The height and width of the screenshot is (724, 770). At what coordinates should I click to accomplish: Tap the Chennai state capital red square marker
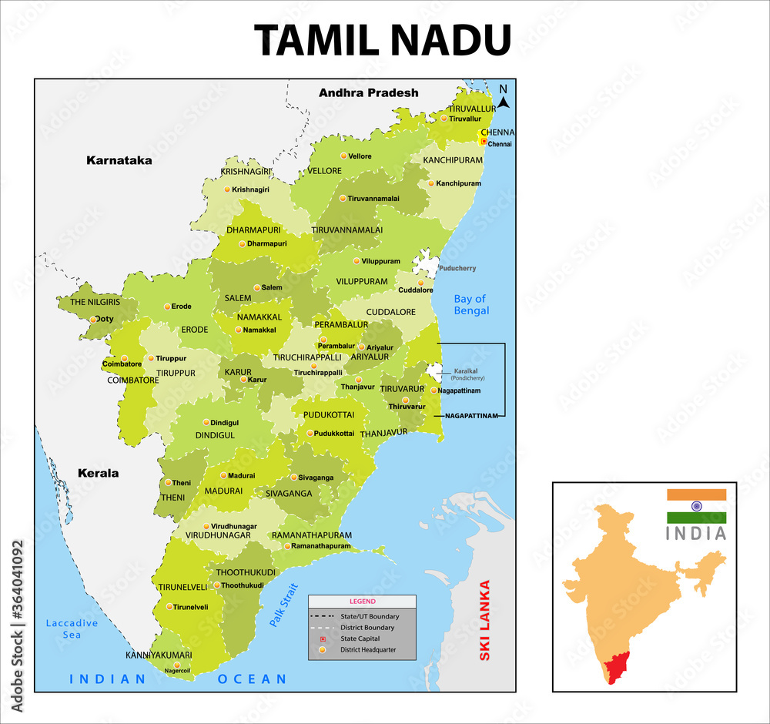tap(484, 142)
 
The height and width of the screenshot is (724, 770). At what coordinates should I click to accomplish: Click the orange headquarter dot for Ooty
tap(93, 319)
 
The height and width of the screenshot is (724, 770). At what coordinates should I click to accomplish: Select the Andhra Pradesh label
tap(368, 92)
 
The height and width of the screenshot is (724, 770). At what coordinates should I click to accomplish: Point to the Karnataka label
tap(119, 161)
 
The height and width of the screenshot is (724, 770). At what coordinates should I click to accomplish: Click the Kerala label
tap(98, 473)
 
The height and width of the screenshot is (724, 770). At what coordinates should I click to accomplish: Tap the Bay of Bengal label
tap(471, 304)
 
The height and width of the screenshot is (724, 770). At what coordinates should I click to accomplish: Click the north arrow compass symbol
tap(503, 98)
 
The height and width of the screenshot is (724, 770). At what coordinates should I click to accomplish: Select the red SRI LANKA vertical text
tap(484, 621)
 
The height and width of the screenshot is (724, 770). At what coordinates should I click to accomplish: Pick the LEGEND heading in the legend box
tap(362, 601)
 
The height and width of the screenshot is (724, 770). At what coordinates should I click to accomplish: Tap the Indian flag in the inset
tap(696, 506)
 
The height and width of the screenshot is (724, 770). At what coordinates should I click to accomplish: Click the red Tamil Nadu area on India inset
tap(620, 667)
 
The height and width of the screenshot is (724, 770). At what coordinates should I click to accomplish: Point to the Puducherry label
tap(457, 269)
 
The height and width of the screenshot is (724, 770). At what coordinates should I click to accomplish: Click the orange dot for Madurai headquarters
tap(223, 476)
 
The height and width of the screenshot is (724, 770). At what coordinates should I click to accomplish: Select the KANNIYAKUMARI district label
tap(159, 655)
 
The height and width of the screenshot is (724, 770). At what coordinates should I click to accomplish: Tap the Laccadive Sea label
tap(72, 628)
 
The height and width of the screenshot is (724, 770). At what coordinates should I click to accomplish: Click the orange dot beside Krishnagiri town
tap(226, 189)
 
